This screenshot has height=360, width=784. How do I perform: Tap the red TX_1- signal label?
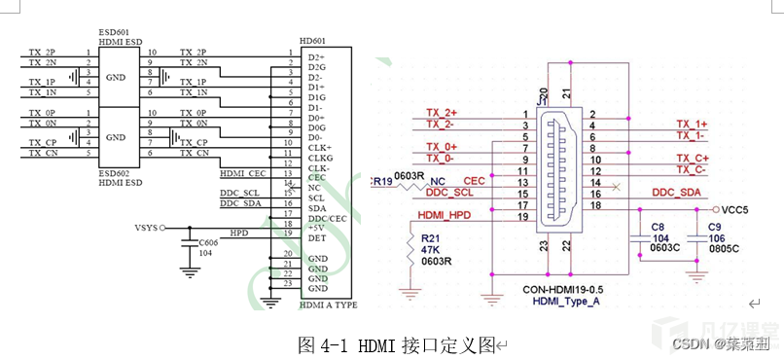[x=693, y=136]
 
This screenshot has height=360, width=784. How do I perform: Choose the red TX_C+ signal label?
[x=693, y=158]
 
